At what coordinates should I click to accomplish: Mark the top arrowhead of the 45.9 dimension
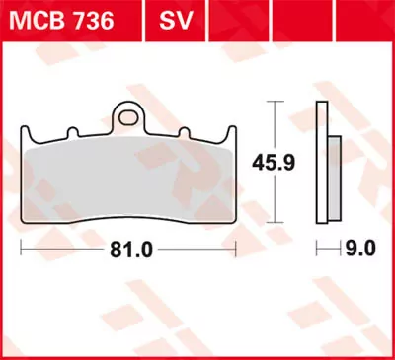[274, 106]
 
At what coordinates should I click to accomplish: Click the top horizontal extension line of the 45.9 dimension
[273, 103]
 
